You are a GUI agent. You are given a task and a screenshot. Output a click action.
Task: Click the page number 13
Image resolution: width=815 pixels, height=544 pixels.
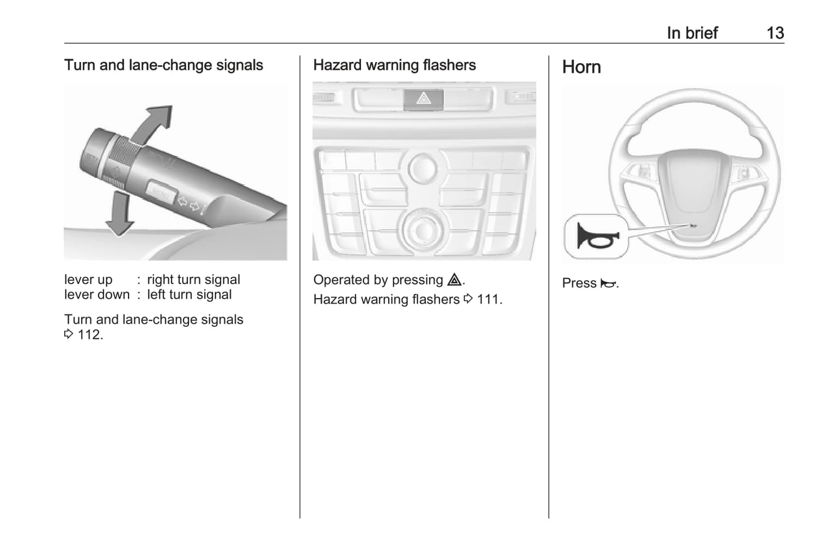click(x=775, y=33)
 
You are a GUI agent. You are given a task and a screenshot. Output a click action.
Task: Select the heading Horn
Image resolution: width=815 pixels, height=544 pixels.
click(x=581, y=67)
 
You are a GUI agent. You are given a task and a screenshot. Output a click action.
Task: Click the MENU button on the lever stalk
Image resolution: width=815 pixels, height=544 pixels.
click(x=161, y=192)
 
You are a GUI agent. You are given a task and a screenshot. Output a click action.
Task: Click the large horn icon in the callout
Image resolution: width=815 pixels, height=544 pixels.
click(x=597, y=236)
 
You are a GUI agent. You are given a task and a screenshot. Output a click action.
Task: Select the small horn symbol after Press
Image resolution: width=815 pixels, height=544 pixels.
click(x=608, y=283)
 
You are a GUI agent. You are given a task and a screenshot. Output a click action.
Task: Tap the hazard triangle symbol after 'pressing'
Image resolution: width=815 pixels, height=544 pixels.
click(x=455, y=280)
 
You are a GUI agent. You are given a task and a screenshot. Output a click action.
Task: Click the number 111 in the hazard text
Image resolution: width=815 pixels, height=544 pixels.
click(x=487, y=299)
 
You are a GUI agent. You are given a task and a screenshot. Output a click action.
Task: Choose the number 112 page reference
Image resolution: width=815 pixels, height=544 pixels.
click(x=89, y=334)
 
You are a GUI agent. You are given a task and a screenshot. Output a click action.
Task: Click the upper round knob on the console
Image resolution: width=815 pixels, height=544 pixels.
click(x=423, y=168)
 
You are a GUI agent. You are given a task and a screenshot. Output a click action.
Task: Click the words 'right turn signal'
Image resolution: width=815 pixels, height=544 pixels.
click(x=193, y=280)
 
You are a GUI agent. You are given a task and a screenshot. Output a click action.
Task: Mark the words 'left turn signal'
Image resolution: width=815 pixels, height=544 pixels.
click(x=189, y=294)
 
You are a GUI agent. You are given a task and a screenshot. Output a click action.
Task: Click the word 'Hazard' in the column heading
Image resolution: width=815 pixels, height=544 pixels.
click(x=337, y=65)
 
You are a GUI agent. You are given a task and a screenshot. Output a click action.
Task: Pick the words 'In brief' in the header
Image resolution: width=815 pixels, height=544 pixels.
click(x=693, y=33)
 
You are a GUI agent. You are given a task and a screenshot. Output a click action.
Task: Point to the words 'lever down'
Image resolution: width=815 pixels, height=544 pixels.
click(x=97, y=294)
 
